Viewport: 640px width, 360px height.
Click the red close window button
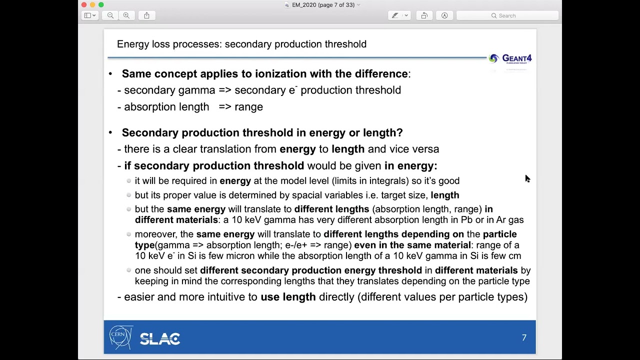[84, 5]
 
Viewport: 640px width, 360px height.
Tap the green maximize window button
[101, 5]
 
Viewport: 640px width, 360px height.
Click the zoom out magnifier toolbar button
[110, 15]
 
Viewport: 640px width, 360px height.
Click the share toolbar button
[146, 15]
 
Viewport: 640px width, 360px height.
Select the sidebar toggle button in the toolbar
[90, 15]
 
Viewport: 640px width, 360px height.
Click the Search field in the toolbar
[507, 15]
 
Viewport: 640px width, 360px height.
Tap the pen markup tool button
[395, 15]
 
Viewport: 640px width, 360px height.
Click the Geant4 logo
[510, 58]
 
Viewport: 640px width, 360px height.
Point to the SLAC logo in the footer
[160, 339]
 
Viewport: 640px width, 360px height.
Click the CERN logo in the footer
[120, 337]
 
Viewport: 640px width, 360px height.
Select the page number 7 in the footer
[524, 338]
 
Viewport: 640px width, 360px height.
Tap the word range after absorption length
[248, 107]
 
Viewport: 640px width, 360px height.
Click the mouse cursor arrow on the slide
[527, 178]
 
